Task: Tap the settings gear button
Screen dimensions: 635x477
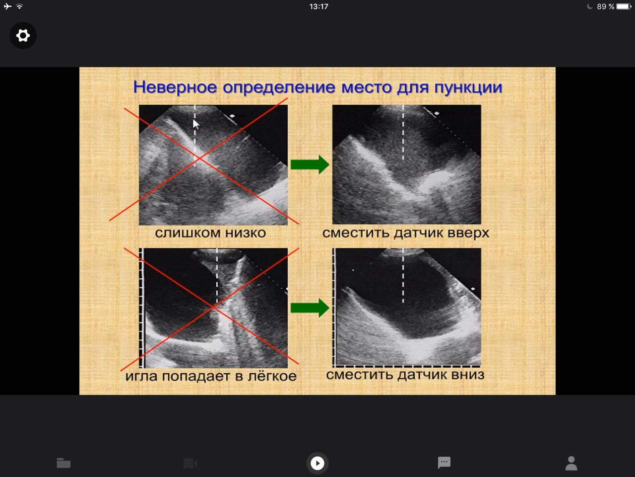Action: click(x=23, y=36)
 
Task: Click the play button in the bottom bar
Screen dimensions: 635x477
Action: click(x=317, y=463)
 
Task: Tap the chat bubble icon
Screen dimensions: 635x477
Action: click(x=444, y=463)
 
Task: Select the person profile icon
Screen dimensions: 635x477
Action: click(x=571, y=464)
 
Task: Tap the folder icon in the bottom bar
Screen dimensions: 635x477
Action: click(x=63, y=463)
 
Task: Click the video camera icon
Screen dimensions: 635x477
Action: click(x=190, y=463)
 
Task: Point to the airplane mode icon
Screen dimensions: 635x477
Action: click(x=8, y=6)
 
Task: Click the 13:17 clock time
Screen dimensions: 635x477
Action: click(x=319, y=6)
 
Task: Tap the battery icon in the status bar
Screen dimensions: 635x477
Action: click(x=624, y=6)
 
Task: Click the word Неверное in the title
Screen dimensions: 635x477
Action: click(x=175, y=87)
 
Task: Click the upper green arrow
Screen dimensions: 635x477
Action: click(x=310, y=164)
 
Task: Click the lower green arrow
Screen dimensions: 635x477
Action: click(x=310, y=308)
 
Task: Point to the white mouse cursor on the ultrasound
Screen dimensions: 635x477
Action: click(x=196, y=124)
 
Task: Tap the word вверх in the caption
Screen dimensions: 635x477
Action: click(x=469, y=234)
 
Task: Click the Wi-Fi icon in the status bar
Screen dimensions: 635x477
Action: click(x=19, y=6)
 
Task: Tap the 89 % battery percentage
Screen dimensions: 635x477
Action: click(x=606, y=6)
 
